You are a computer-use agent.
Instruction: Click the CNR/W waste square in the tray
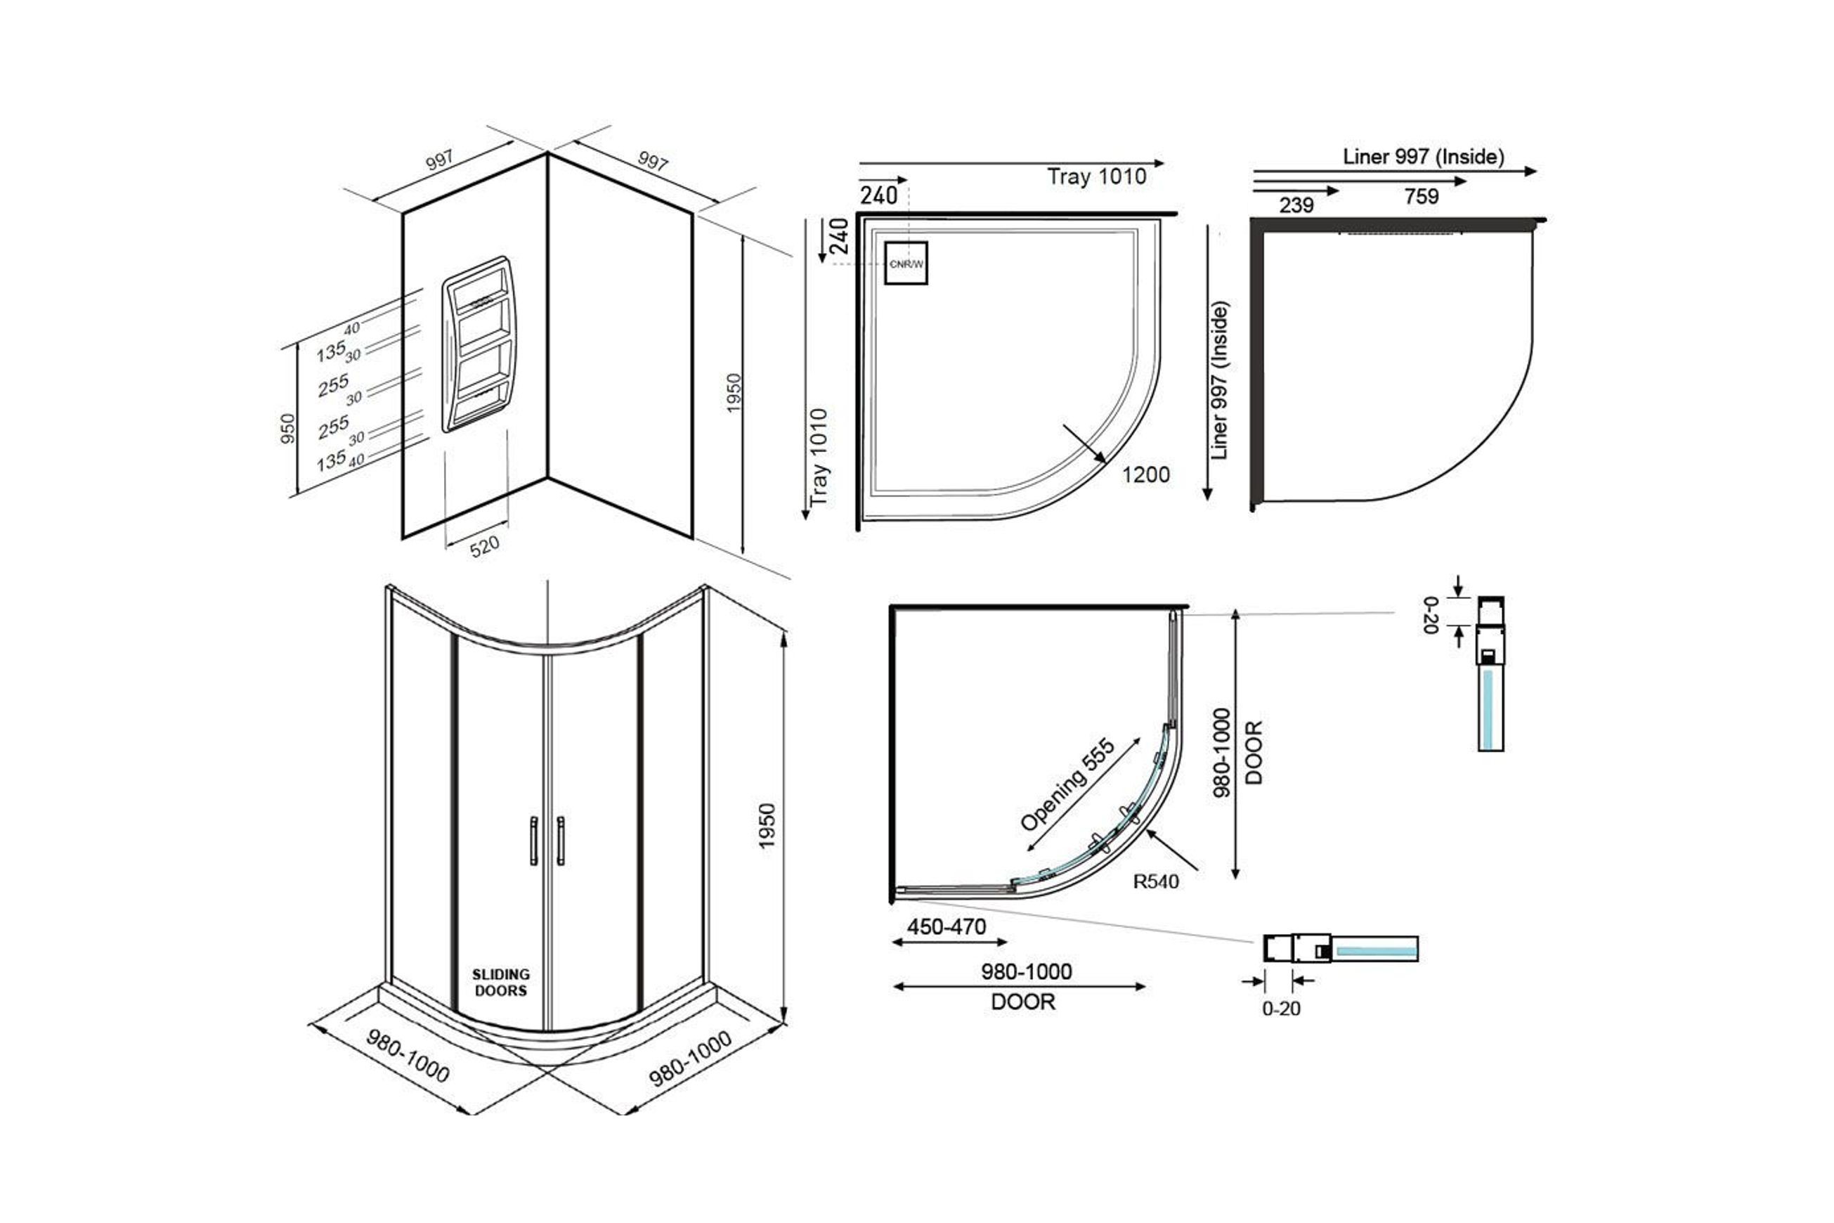coord(905,264)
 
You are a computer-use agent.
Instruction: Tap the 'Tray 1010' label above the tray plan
coord(1096,177)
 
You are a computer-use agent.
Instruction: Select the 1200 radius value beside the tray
coord(1145,474)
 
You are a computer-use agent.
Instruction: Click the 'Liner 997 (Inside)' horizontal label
coord(1423,157)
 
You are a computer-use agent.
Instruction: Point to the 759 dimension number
coord(1421,197)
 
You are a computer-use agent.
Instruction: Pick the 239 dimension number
coord(1296,205)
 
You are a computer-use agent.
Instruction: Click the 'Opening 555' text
coord(1067,785)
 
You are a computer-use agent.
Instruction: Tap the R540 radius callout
coord(1156,882)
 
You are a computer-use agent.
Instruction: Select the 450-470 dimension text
coord(946,926)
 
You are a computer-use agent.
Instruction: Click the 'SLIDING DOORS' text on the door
coord(500,983)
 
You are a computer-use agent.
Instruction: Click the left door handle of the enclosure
coord(534,841)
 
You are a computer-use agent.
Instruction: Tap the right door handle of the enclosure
coord(560,841)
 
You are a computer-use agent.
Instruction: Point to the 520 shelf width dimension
coord(484,546)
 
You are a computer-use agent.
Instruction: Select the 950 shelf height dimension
coord(287,429)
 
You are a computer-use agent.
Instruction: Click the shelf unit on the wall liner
coord(478,344)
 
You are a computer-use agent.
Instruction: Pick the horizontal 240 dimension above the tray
coord(879,195)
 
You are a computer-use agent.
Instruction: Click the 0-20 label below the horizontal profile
coord(1281,1009)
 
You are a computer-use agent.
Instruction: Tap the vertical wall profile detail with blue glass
coord(1490,674)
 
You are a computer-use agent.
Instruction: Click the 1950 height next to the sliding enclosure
coord(767,826)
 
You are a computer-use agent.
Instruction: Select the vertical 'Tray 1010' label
coord(818,457)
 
